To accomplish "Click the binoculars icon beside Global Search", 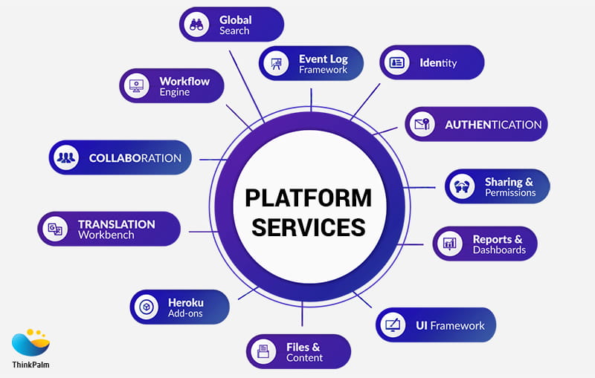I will point(197,24).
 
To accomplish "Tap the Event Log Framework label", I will point(323,64).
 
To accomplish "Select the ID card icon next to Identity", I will point(397,62).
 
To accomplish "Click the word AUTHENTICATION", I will point(493,124).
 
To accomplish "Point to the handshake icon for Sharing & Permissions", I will point(463,186).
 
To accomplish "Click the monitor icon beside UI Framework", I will point(393,325).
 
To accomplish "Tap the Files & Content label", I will point(304,352).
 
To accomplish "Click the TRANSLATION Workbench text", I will point(116,229).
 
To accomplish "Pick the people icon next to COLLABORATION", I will point(67,157).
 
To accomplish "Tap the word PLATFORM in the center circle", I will point(308,198).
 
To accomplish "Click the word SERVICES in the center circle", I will point(308,227).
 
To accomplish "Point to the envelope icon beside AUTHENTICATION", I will point(422,124).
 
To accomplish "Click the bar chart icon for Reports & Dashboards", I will point(449,244).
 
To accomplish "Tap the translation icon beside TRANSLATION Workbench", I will point(55,229).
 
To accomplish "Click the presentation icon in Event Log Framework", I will point(276,64).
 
